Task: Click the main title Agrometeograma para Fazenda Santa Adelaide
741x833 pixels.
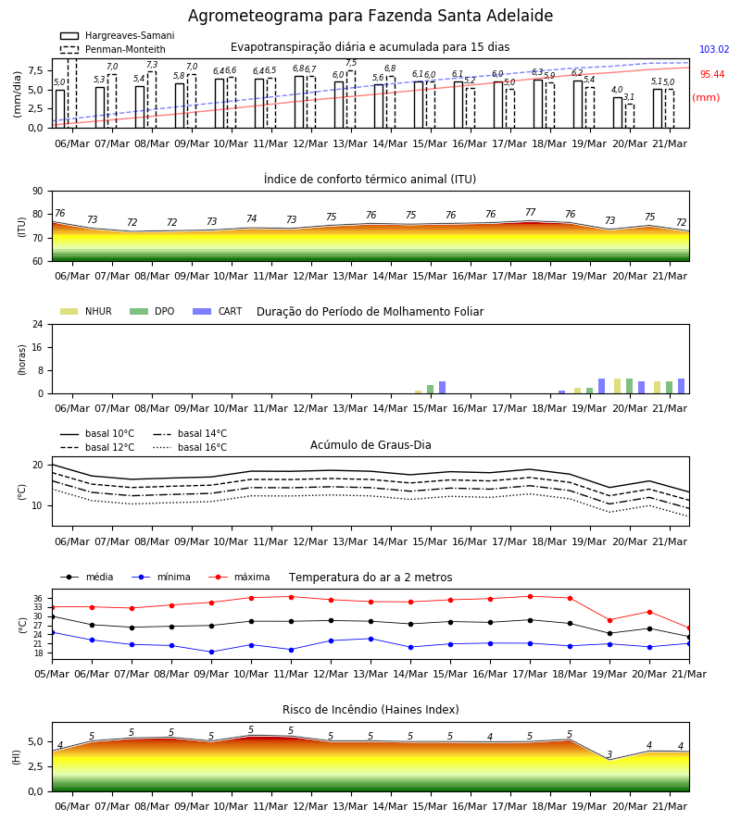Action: tap(370, 16)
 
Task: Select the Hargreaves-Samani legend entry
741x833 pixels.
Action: tap(118, 35)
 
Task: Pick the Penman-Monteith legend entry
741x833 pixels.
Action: tap(113, 49)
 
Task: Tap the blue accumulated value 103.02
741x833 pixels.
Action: tap(714, 49)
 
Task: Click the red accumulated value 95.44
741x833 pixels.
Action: tap(712, 74)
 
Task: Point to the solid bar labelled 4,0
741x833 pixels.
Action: tap(617, 112)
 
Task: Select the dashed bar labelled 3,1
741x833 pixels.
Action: tap(629, 116)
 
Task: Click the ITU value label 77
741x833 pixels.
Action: tap(531, 212)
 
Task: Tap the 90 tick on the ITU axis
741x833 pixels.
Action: tap(38, 192)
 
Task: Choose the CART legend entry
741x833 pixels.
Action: tap(218, 311)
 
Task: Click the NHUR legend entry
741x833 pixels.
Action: tap(86, 311)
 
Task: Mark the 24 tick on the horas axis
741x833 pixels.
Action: tap(38, 324)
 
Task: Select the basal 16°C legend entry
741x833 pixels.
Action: tap(190, 447)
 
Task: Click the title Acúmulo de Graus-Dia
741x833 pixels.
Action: tap(370, 444)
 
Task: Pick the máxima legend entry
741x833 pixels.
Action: tap(239, 577)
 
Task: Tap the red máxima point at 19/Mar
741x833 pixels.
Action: tap(609, 620)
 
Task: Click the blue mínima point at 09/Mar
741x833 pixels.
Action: tap(211, 652)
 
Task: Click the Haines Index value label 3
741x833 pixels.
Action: tap(609, 754)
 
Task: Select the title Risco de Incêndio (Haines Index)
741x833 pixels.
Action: tap(370, 710)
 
